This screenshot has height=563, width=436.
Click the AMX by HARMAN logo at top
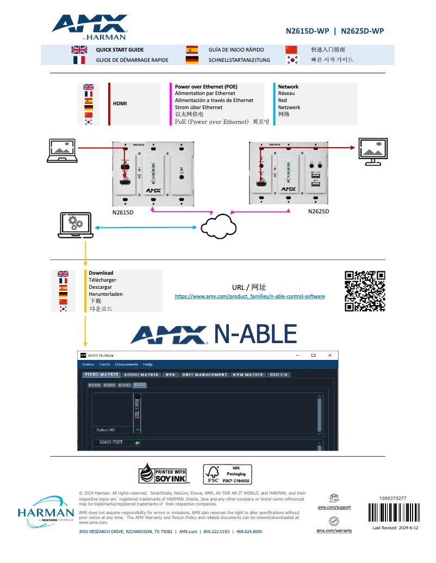pos(90,27)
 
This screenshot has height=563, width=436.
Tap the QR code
pos(365,291)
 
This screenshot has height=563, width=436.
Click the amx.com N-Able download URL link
pos(250,296)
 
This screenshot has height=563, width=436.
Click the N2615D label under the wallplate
pos(123,212)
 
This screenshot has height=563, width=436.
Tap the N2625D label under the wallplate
pos(319,211)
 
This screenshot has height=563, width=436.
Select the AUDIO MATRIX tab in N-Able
pos(141,375)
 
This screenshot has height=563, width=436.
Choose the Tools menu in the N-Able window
pos(104,364)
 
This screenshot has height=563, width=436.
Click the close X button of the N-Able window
pos(329,355)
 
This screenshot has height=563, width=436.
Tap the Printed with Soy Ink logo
pos(164,473)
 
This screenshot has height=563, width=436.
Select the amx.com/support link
pos(334,507)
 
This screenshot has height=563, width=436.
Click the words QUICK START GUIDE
pos(120,49)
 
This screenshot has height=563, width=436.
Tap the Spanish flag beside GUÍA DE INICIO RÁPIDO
pos(192,49)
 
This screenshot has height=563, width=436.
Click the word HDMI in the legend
pos(120,103)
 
